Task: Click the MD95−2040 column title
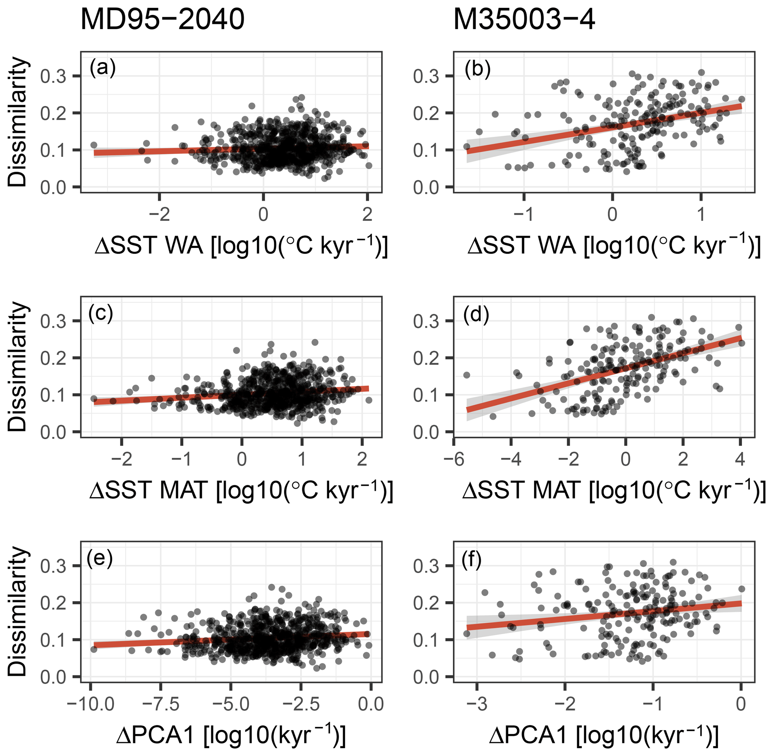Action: pyautogui.click(x=162, y=20)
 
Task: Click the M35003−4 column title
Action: pyautogui.click(x=524, y=20)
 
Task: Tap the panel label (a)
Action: pyautogui.click(x=102, y=68)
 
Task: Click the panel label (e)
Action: pyautogui.click(x=99, y=558)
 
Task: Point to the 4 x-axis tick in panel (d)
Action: pyautogui.click(x=740, y=460)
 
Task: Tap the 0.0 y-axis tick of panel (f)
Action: pyautogui.click(x=426, y=677)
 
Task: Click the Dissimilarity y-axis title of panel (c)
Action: pyautogui.click(x=18, y=367)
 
